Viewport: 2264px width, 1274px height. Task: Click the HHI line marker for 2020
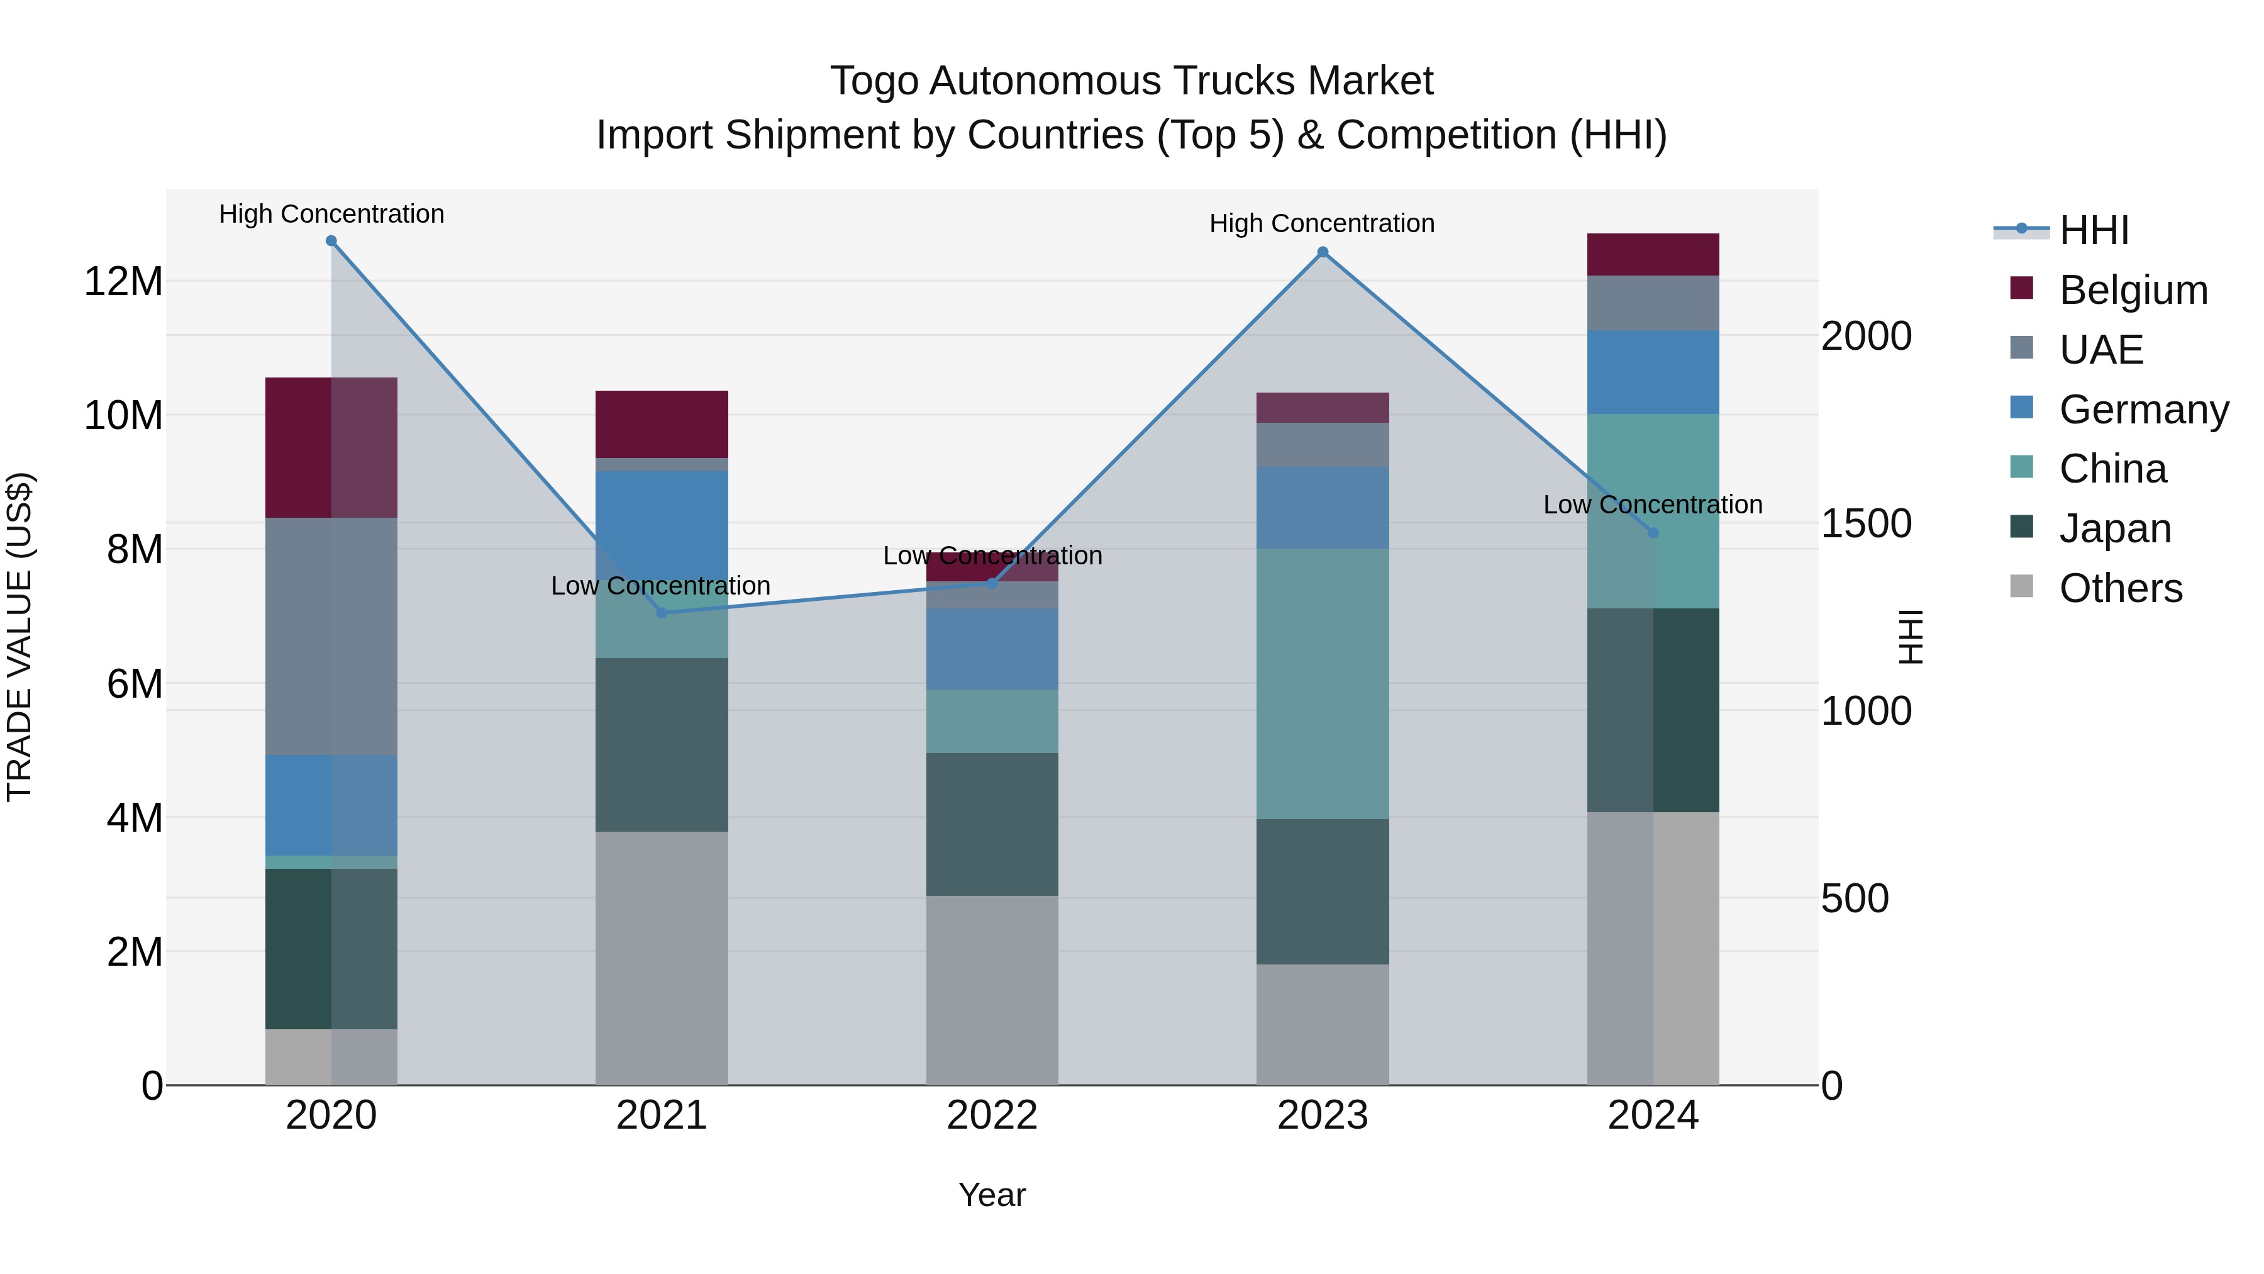tap(331, 241)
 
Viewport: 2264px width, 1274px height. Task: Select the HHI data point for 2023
tap(1323, 252)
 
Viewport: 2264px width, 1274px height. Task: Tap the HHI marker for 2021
tap(662, 613)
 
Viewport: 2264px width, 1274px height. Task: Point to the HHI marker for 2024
tap(1653, 533)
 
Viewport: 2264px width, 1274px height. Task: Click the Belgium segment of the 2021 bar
tap(662, 424)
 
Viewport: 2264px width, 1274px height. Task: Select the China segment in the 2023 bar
tap(1323, 683)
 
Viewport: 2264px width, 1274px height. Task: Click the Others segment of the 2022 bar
tap(992, 990)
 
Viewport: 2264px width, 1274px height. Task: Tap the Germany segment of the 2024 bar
tap(1653, 372)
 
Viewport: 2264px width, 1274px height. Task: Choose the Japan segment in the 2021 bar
tap(662, 745)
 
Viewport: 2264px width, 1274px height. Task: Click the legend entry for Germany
tap(2144, 410)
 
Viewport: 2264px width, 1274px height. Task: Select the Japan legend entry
tap(2114, 528)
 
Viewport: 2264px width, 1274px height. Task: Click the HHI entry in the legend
tap(2094, 230)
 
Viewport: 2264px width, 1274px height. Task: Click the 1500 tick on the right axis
tap(1866, 524)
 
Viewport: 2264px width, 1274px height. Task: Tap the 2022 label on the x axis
tap(992, 1115)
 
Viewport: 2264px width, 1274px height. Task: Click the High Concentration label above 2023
tap(1322, 223)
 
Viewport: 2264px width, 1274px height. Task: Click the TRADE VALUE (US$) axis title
tap(19, 637)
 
